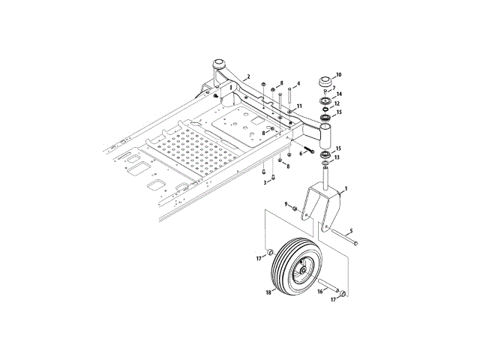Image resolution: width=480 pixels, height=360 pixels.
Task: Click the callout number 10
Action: tap(338, 75)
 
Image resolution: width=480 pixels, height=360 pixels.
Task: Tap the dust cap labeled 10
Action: tap(325, 82)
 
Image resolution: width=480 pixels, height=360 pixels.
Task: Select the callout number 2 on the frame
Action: tap(248, 76)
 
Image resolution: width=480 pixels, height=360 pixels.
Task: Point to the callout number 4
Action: tap(298, 83)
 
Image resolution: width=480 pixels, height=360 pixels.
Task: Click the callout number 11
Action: tap(299, 106)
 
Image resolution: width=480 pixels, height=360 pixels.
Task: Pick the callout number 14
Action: tap(339, 94)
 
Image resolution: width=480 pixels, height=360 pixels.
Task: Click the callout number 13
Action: tap(337, 157)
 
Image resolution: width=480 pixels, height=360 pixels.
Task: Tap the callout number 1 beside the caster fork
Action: tap(346, 189)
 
